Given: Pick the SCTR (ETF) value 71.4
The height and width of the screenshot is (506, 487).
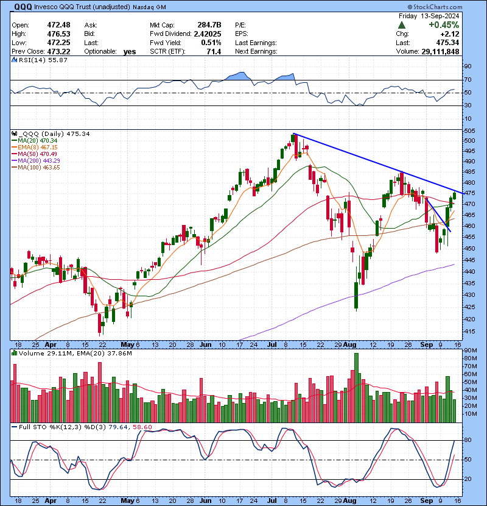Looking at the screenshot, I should pyautogui.click(x=214, y=51).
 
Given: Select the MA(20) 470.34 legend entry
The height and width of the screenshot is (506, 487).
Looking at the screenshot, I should pyautogui.click(x=34, y=141).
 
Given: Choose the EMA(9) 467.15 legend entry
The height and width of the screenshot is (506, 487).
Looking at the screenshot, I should pyautogui.click(x=35, y=148).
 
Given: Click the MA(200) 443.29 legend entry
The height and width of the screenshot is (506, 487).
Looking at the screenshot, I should pyautogui.click(x=36, y=161).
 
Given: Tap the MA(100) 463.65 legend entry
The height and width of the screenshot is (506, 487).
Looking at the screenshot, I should pyautogui.click(x=36, y=168).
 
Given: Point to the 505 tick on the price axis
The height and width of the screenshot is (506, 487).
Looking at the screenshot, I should pyautogui.click(x=469, y=131).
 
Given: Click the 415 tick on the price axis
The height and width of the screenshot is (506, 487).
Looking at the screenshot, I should pyautogui.click(x=469, y=330).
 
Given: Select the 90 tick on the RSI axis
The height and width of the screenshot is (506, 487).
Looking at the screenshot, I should pyautogui.click(x=468, y=66).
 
